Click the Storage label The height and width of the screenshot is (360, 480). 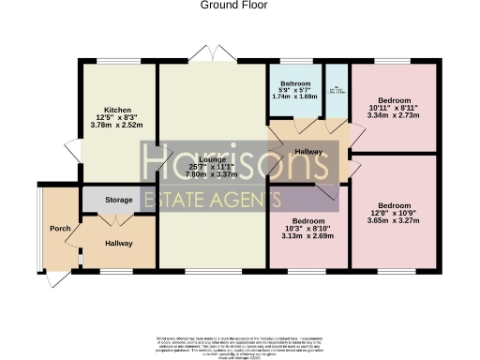(x=119, y=200)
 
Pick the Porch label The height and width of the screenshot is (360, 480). (x=60, y=229)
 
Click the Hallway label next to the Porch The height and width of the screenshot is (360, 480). (x=117, y=244)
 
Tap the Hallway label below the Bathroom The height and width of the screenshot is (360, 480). (x=308, y=151)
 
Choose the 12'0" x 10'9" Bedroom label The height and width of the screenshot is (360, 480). (x=394, y=204)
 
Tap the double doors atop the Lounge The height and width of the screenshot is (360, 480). (x=212, y=53)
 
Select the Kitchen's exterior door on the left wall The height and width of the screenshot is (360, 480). (x=70, y=147)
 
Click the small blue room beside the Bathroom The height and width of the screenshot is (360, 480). (x=337, y=90)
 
